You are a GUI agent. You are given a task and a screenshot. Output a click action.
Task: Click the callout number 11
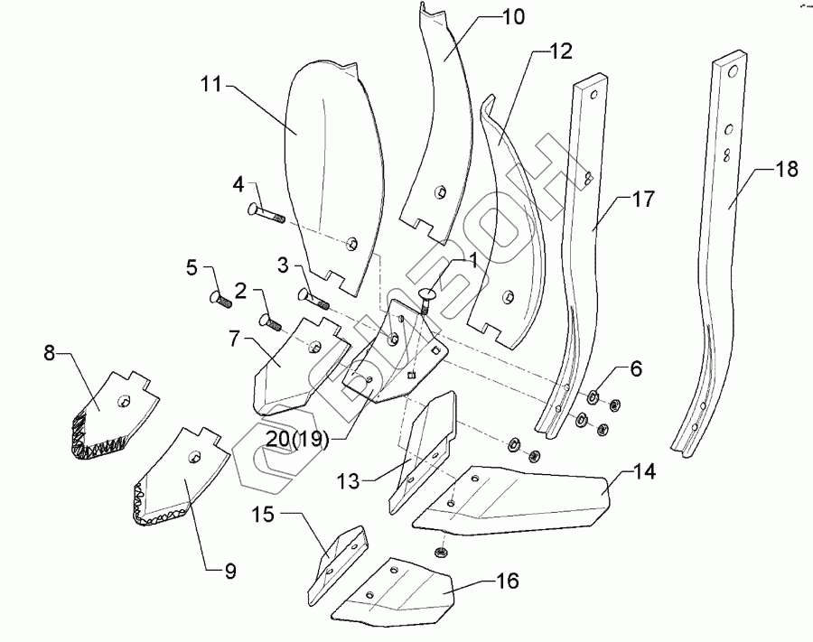pyautogui.click(x=211, y=86)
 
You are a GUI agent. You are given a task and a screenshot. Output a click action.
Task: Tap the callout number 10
pyautogui.click(x=511, y=18)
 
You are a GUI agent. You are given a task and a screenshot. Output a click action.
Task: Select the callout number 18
pyautogui.click(x=787, y=170)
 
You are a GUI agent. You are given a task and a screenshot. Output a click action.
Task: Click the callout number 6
pyautogui.click(x=635, y=368)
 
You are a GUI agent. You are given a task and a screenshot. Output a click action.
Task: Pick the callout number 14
pyautogui.click(x=644, y=471)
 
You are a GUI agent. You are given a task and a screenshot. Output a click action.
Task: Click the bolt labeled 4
pyautogui.click(x=265, y=214)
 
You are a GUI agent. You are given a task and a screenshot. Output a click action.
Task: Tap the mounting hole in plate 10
pyautogui.click(x=439, y=191)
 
